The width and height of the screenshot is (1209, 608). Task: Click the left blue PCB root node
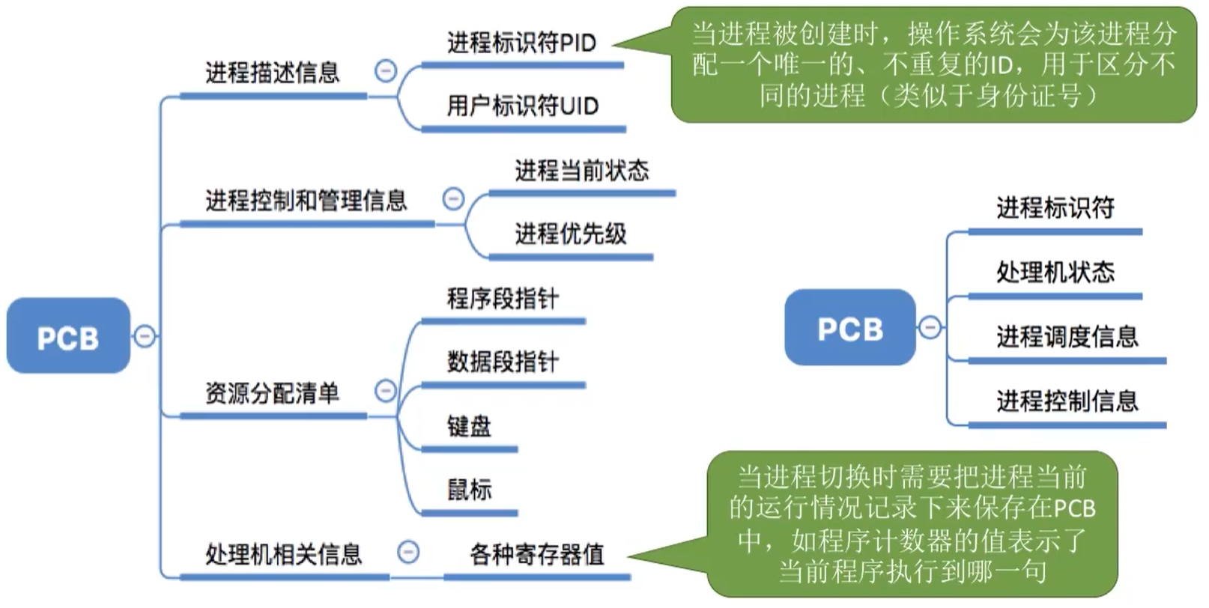[68, 336]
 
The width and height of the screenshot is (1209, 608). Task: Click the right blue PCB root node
[849, 328]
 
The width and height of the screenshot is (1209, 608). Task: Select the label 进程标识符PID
[521, 43]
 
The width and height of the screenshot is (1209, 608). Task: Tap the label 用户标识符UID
[522, 106]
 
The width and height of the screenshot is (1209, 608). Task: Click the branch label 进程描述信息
[272, 73]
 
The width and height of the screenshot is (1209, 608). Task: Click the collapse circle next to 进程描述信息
[385, 71]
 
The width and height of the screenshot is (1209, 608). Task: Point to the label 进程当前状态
[581, 170]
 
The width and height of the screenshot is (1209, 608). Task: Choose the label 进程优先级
[570, 234]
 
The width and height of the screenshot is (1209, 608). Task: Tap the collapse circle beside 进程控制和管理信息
[453, 199]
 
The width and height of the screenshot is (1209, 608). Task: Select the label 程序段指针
[503, 298]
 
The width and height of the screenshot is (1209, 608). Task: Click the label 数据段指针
[503, 362]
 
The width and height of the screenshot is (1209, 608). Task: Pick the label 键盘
[469, 426]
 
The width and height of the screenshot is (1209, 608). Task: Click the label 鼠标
[469, 490]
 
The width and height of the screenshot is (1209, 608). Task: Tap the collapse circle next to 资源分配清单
[385, 391]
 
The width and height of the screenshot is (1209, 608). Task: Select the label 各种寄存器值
[536, 554]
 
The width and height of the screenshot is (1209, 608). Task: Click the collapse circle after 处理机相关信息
[407, 553]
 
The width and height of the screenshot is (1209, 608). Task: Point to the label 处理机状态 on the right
[1055, 272]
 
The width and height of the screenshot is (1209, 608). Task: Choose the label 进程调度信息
[1067, 336]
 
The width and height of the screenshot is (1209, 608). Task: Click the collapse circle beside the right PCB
[929, 327]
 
